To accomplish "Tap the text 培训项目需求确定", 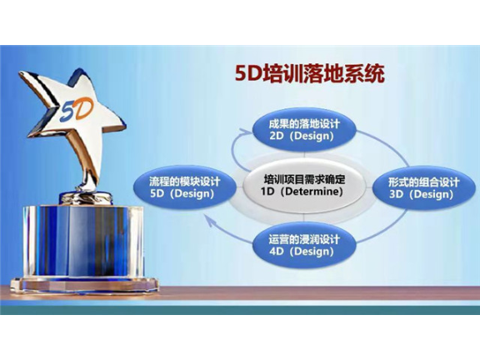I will pyautogui.click(x=302, y=178).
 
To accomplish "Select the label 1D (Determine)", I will pyautogui.click(x=302, y=192).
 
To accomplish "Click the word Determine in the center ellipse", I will pyautogui.click(x=315, y=192).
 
